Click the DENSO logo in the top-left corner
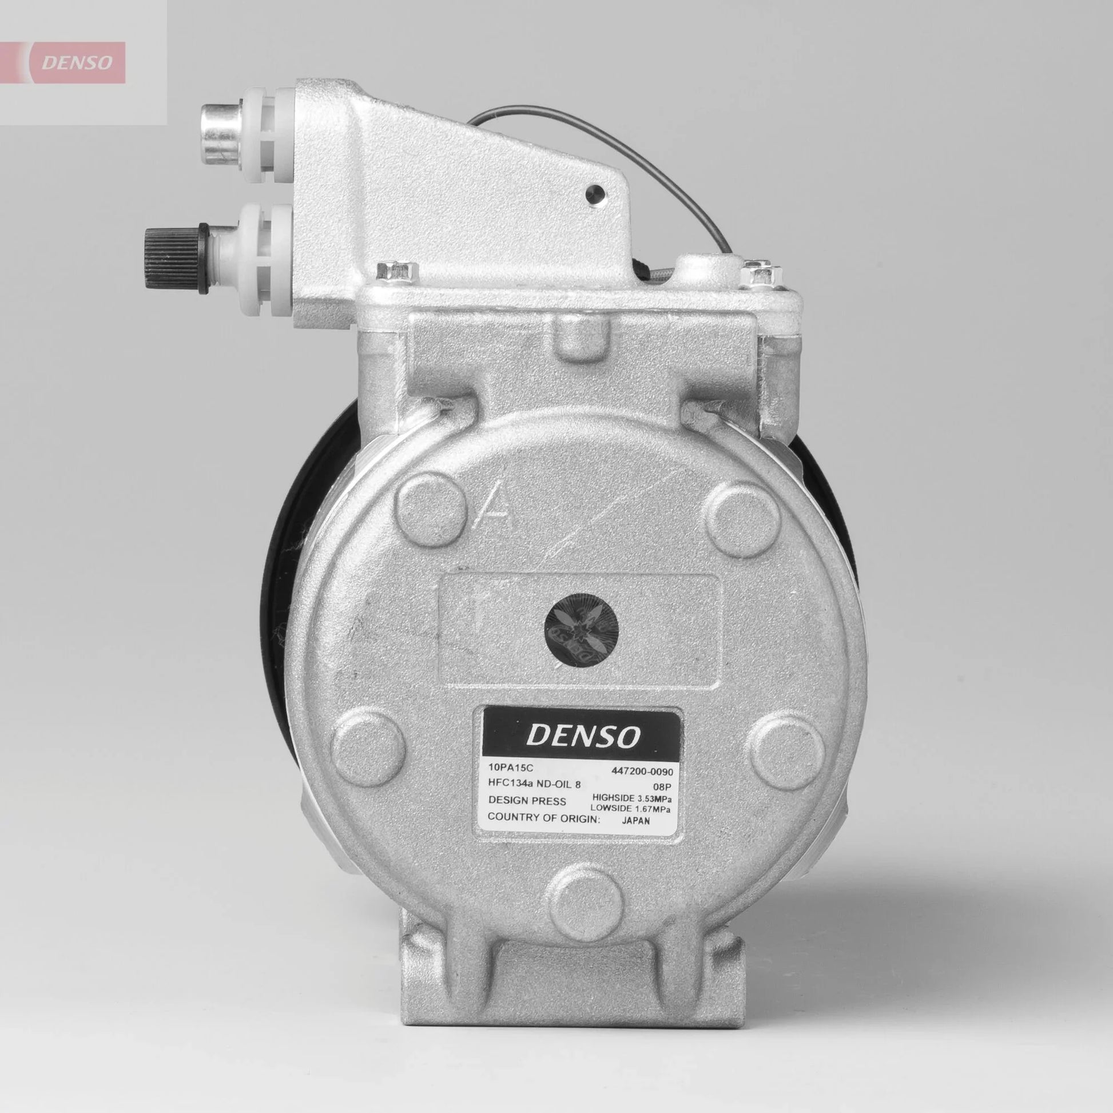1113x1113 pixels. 75,62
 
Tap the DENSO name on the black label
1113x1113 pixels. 582,736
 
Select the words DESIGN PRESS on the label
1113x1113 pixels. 527,801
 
